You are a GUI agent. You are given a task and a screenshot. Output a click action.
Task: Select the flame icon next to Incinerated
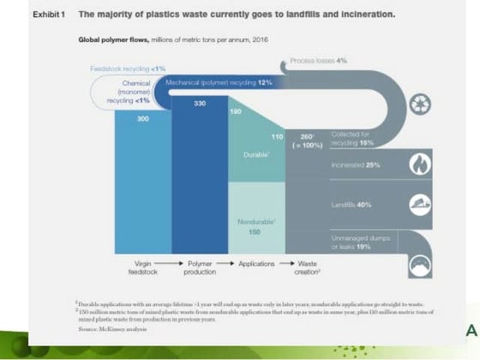(422, 164)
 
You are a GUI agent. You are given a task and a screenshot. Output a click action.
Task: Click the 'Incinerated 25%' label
(356, 164)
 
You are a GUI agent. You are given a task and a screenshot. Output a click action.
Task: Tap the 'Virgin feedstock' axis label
(143, 268)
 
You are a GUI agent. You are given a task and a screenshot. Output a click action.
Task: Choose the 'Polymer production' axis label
(200, 268)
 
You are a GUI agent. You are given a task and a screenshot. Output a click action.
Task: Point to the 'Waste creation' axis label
(307, 268)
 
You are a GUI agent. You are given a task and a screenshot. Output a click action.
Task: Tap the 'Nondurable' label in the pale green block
(255, 221)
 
